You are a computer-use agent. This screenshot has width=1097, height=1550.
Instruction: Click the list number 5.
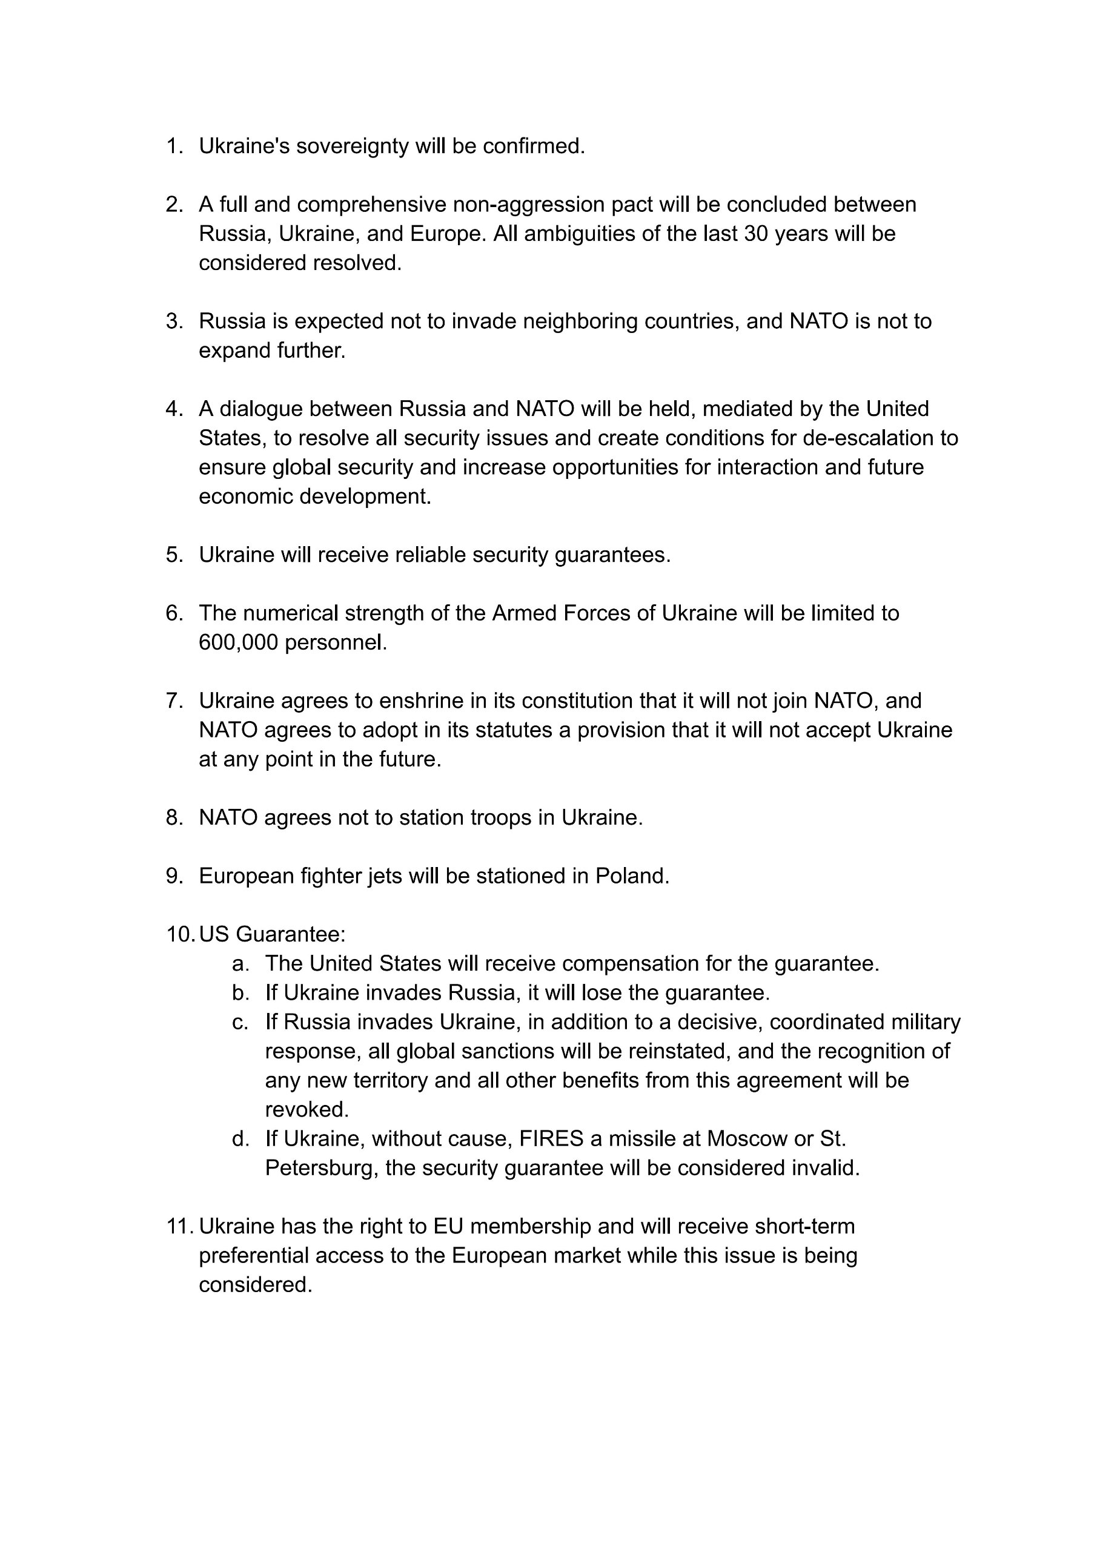(174, 555)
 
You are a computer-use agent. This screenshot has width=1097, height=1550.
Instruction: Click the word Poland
(632, 876)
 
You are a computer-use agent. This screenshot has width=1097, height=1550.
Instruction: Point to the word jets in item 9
(388, 876)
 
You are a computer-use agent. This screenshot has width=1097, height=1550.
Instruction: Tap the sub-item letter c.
(240, 1022)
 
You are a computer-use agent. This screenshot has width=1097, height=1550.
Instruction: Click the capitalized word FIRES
(551, 1139)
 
